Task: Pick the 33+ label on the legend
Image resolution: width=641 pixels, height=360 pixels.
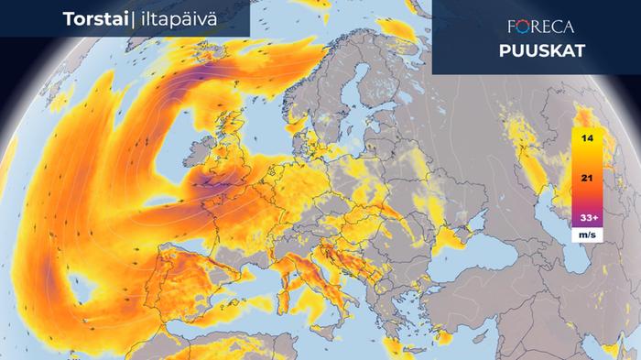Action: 585,218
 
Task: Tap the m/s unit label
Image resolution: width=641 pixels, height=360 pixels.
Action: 585,234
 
